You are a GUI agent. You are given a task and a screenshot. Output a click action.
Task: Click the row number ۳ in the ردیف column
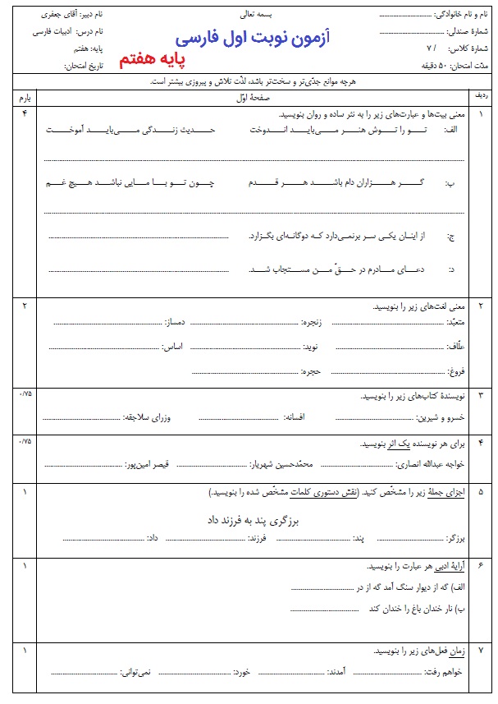point(480,395)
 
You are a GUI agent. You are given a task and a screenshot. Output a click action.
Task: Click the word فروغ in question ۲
point(457,371)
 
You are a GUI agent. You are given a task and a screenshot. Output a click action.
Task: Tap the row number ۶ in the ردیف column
point(480,567)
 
